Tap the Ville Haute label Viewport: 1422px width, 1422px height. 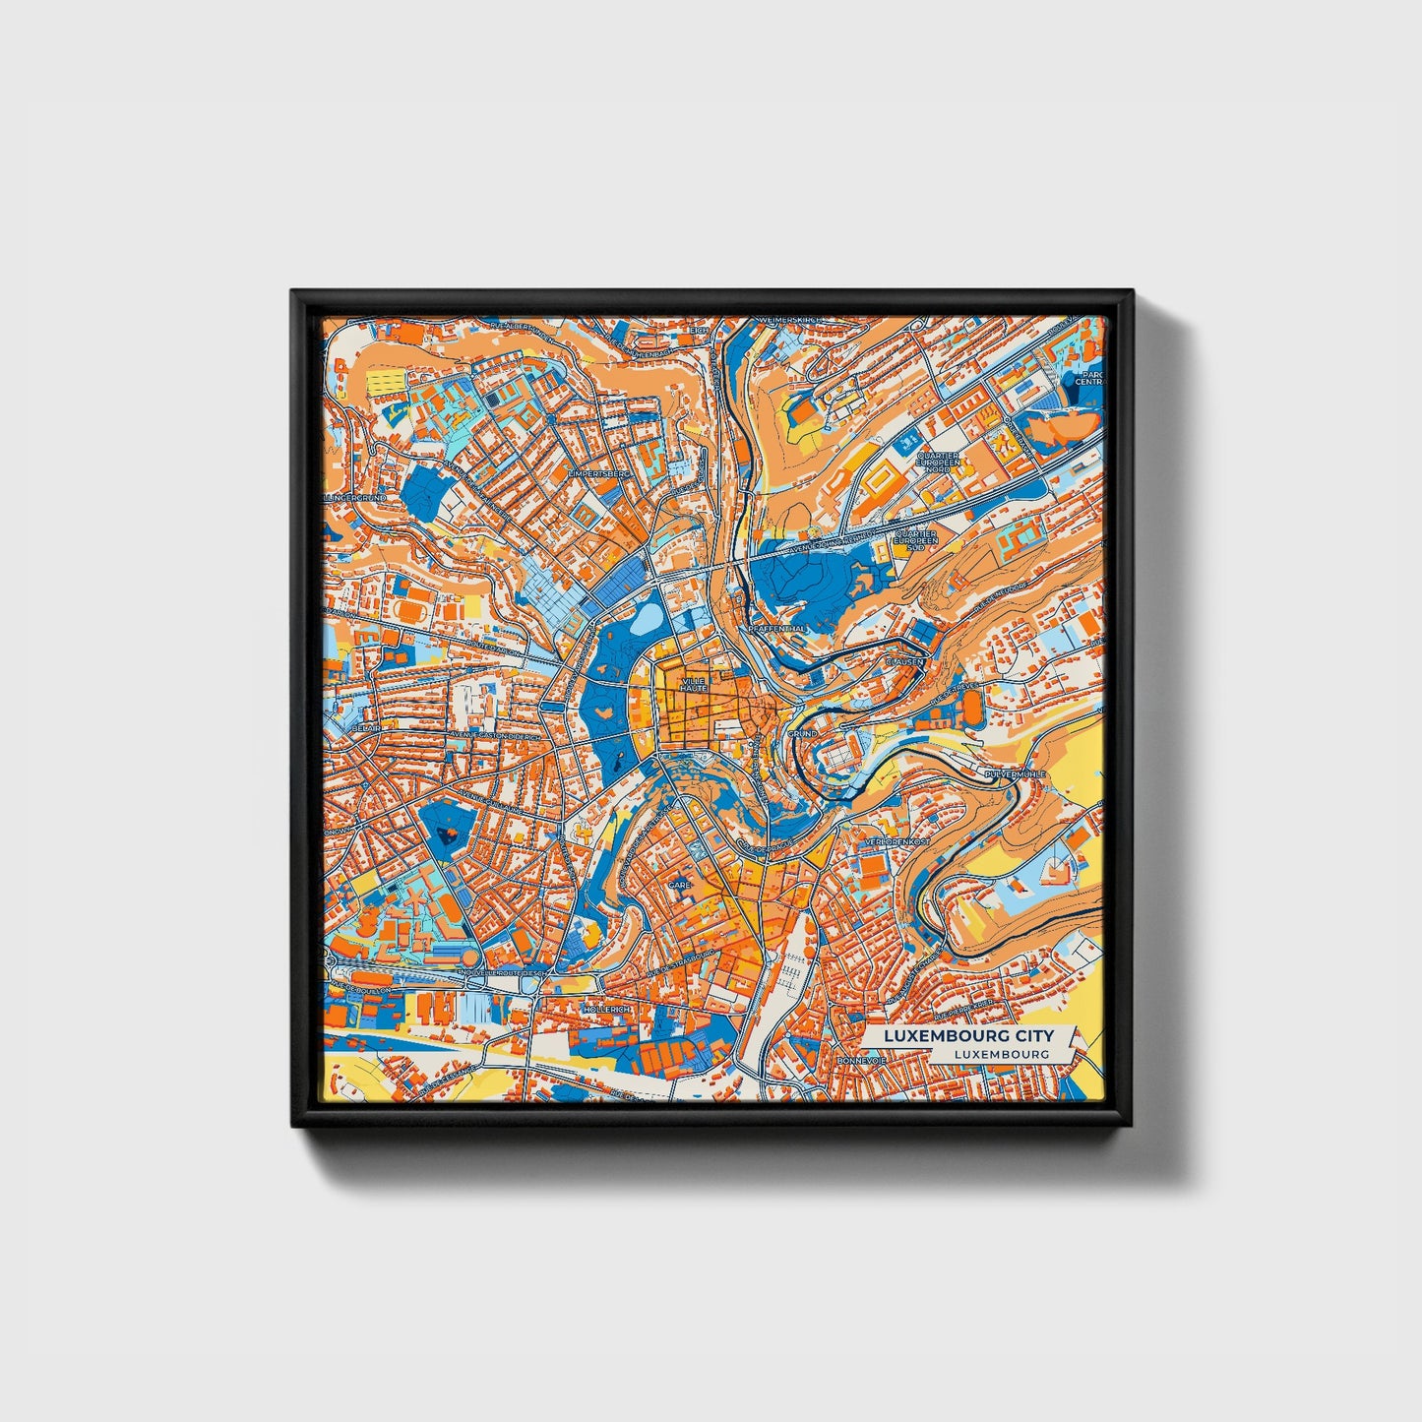[x=694, y=684]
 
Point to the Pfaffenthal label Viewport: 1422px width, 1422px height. [x=777, y=628]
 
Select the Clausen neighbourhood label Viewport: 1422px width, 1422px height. [x=904, y=662]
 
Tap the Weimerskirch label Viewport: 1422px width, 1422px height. [x=788, y=322]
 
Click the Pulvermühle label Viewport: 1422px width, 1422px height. [x=1015, y=774]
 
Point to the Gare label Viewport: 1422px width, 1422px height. [x=680, y=885]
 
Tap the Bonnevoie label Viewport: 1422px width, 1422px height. [x=862, y=1061]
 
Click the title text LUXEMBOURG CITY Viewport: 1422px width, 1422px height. [x=968, y=1035]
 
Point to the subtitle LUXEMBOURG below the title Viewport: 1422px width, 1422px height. [x=1001, y=1054]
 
